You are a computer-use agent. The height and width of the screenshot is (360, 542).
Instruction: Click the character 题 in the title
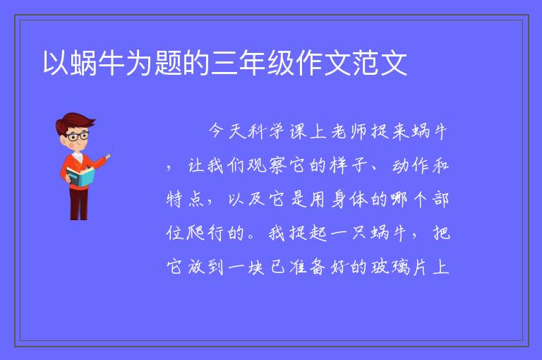tap(169, 63)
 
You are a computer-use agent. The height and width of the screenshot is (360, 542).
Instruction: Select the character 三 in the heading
tap(224, 63)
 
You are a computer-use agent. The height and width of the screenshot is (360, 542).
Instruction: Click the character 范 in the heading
tap(366, 63)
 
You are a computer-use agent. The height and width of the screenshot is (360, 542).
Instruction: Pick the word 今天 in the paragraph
tap(227, 131)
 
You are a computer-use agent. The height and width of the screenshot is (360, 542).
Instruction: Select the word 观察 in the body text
tap(267, 165)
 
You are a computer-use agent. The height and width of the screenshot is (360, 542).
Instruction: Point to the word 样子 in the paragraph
tap(349, 165)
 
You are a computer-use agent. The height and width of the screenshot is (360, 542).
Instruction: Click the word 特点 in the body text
tap(186, 199)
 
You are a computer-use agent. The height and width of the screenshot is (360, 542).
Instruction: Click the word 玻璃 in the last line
tap(390, 267)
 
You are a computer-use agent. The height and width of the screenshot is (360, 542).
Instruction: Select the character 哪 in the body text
tap(399, 199)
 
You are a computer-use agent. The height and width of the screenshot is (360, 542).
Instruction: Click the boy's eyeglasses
tap(78, 136)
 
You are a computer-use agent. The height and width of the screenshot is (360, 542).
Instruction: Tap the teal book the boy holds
tap(80, 176)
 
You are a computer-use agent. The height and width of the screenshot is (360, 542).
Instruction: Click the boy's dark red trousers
tap(79, 203)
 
